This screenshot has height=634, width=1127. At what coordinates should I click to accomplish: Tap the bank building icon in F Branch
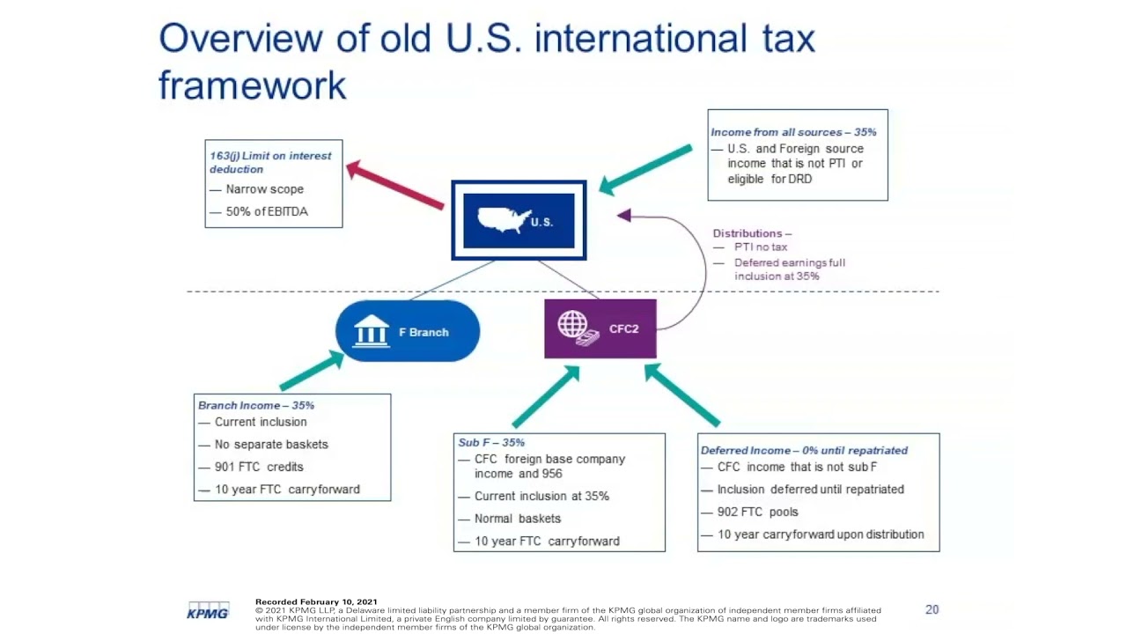coord(371,331)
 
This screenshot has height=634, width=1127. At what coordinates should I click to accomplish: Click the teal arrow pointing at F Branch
coord(312,371)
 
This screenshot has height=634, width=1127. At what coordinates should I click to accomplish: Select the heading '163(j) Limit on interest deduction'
coord(270,162)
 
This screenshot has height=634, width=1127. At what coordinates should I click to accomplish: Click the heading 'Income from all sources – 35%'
coord(793,132)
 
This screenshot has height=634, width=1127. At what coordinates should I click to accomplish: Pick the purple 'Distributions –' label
coord(752,233)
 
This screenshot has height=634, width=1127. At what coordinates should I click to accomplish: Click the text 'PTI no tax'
coord(761,247)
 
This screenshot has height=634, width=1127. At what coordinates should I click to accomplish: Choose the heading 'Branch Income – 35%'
coord(256,405)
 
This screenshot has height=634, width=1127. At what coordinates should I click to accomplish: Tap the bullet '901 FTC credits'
coord(259,467)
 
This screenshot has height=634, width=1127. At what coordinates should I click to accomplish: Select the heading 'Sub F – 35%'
coord(491,442)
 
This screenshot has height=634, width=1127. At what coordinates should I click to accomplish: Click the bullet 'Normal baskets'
coord(518,519)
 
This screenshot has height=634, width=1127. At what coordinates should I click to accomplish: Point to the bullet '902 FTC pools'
coord(758,512)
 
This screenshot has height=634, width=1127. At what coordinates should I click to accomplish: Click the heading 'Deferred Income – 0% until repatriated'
coord(804,450)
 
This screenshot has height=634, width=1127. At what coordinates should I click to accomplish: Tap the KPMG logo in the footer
coord(208,610)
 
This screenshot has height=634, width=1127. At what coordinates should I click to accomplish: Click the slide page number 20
coord(932,609)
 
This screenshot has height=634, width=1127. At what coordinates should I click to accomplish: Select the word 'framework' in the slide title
coord(253,85)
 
